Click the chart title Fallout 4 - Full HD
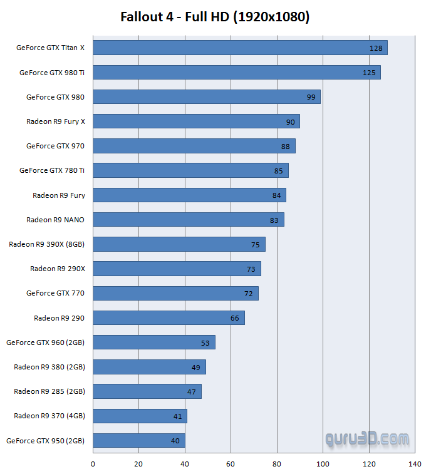[215, 17]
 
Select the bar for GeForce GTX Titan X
[240, 48]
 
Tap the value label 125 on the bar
[369, 73]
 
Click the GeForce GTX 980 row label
[55, 97]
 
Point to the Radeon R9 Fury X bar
[196, 121]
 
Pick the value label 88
[286, 147]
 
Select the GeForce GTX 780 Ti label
[52, 170]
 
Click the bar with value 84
[189, 195]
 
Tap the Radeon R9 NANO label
[55, 220]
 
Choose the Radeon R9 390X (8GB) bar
[179, 244]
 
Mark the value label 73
[251, 269]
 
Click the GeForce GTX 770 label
[55, 293]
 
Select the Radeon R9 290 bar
[169, 318]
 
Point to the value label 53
[205, 343]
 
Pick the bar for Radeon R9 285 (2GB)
[147, 392]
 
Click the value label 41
[177, 416]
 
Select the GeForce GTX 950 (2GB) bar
[139, 441]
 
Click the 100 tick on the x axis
[323, 464]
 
